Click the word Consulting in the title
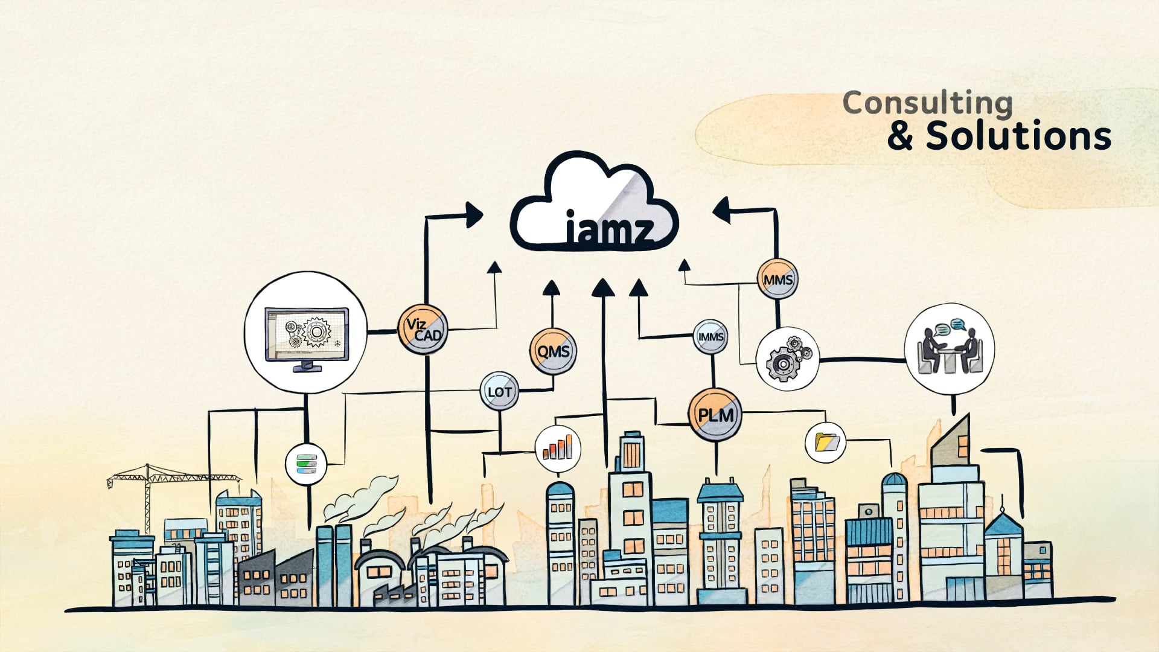pyautogui.click(x=927, y=103)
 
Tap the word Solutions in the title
pyautogui.click(x=1018, y=136)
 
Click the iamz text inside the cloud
pyautogui.click(x=610, y=229)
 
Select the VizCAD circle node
pyautogui.click(x=423, y=330)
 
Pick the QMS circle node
pyautogui.click(x=553, y=351)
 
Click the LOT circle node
pyautogui.click(x=499, y=392)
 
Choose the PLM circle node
pyautogui.click(x=715, y=415)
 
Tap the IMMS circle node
pyautogui.click(x=710, y=337)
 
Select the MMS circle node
pyautogui.click(x=777, y=280)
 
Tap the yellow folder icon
pyautogui.click(x=826, y=443)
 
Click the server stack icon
pyautogui.click(x=306, y=464)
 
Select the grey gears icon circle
pyautogui.click(x=787, y=359)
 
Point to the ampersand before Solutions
pyautogui.click(x=900, y=136)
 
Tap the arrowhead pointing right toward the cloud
pyautogui.click(x=474, y=215)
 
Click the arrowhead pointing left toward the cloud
pyautogui.click(x=722, y=210)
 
